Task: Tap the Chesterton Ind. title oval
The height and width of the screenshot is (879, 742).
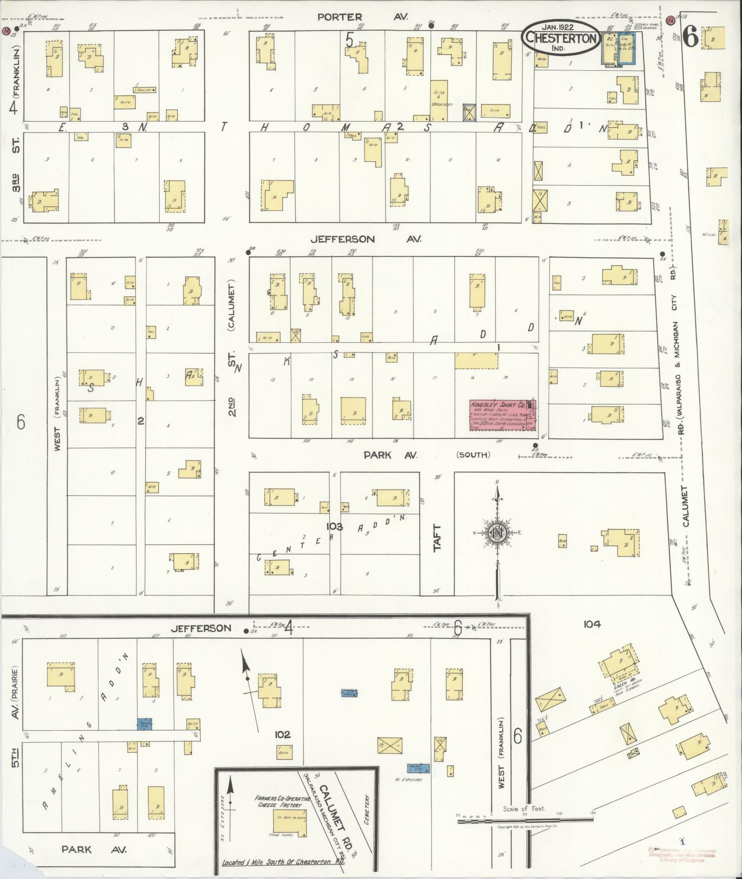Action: (x=561, y=38)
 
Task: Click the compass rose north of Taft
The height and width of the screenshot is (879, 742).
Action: (x=497, y=532)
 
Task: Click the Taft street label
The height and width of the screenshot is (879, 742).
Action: (x=437, y=537)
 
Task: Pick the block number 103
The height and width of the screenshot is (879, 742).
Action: (x=334, y=526)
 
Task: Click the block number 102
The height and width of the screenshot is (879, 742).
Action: (x=282, y=735)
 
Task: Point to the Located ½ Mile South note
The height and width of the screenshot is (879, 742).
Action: (x=283, y=862)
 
